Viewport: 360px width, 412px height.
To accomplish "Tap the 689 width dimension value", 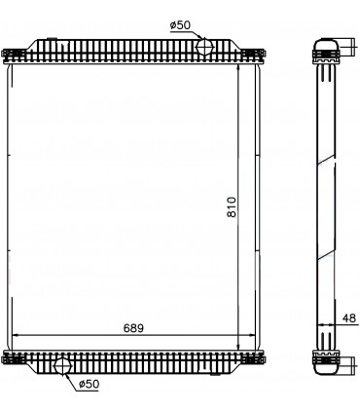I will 133,328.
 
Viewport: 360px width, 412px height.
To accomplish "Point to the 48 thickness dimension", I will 349,318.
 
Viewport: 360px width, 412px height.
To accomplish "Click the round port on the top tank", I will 205,46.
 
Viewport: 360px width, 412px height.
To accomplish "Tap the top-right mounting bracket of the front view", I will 257,51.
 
